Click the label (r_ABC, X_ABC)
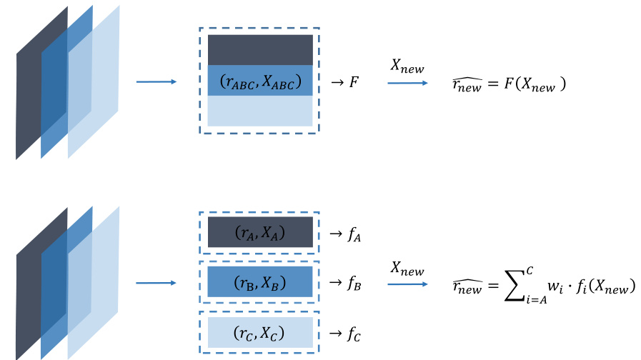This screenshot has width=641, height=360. coord(260,82)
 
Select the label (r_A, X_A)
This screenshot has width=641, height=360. coord(260,233)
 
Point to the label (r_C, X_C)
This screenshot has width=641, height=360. coord(260,333)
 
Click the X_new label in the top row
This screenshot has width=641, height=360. coord(407,67)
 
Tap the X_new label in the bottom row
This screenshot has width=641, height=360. coord(407,270)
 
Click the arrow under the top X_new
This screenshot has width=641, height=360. coord(407,83)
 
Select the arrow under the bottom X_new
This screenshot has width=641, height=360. coord(407,284)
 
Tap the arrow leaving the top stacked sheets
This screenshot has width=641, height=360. coord(156,82)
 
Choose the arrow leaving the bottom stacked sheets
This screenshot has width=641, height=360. coord(156,284)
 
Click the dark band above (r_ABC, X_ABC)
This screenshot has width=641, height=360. coord(260,50)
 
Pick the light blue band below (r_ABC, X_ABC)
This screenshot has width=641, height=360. coord(260,111)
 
